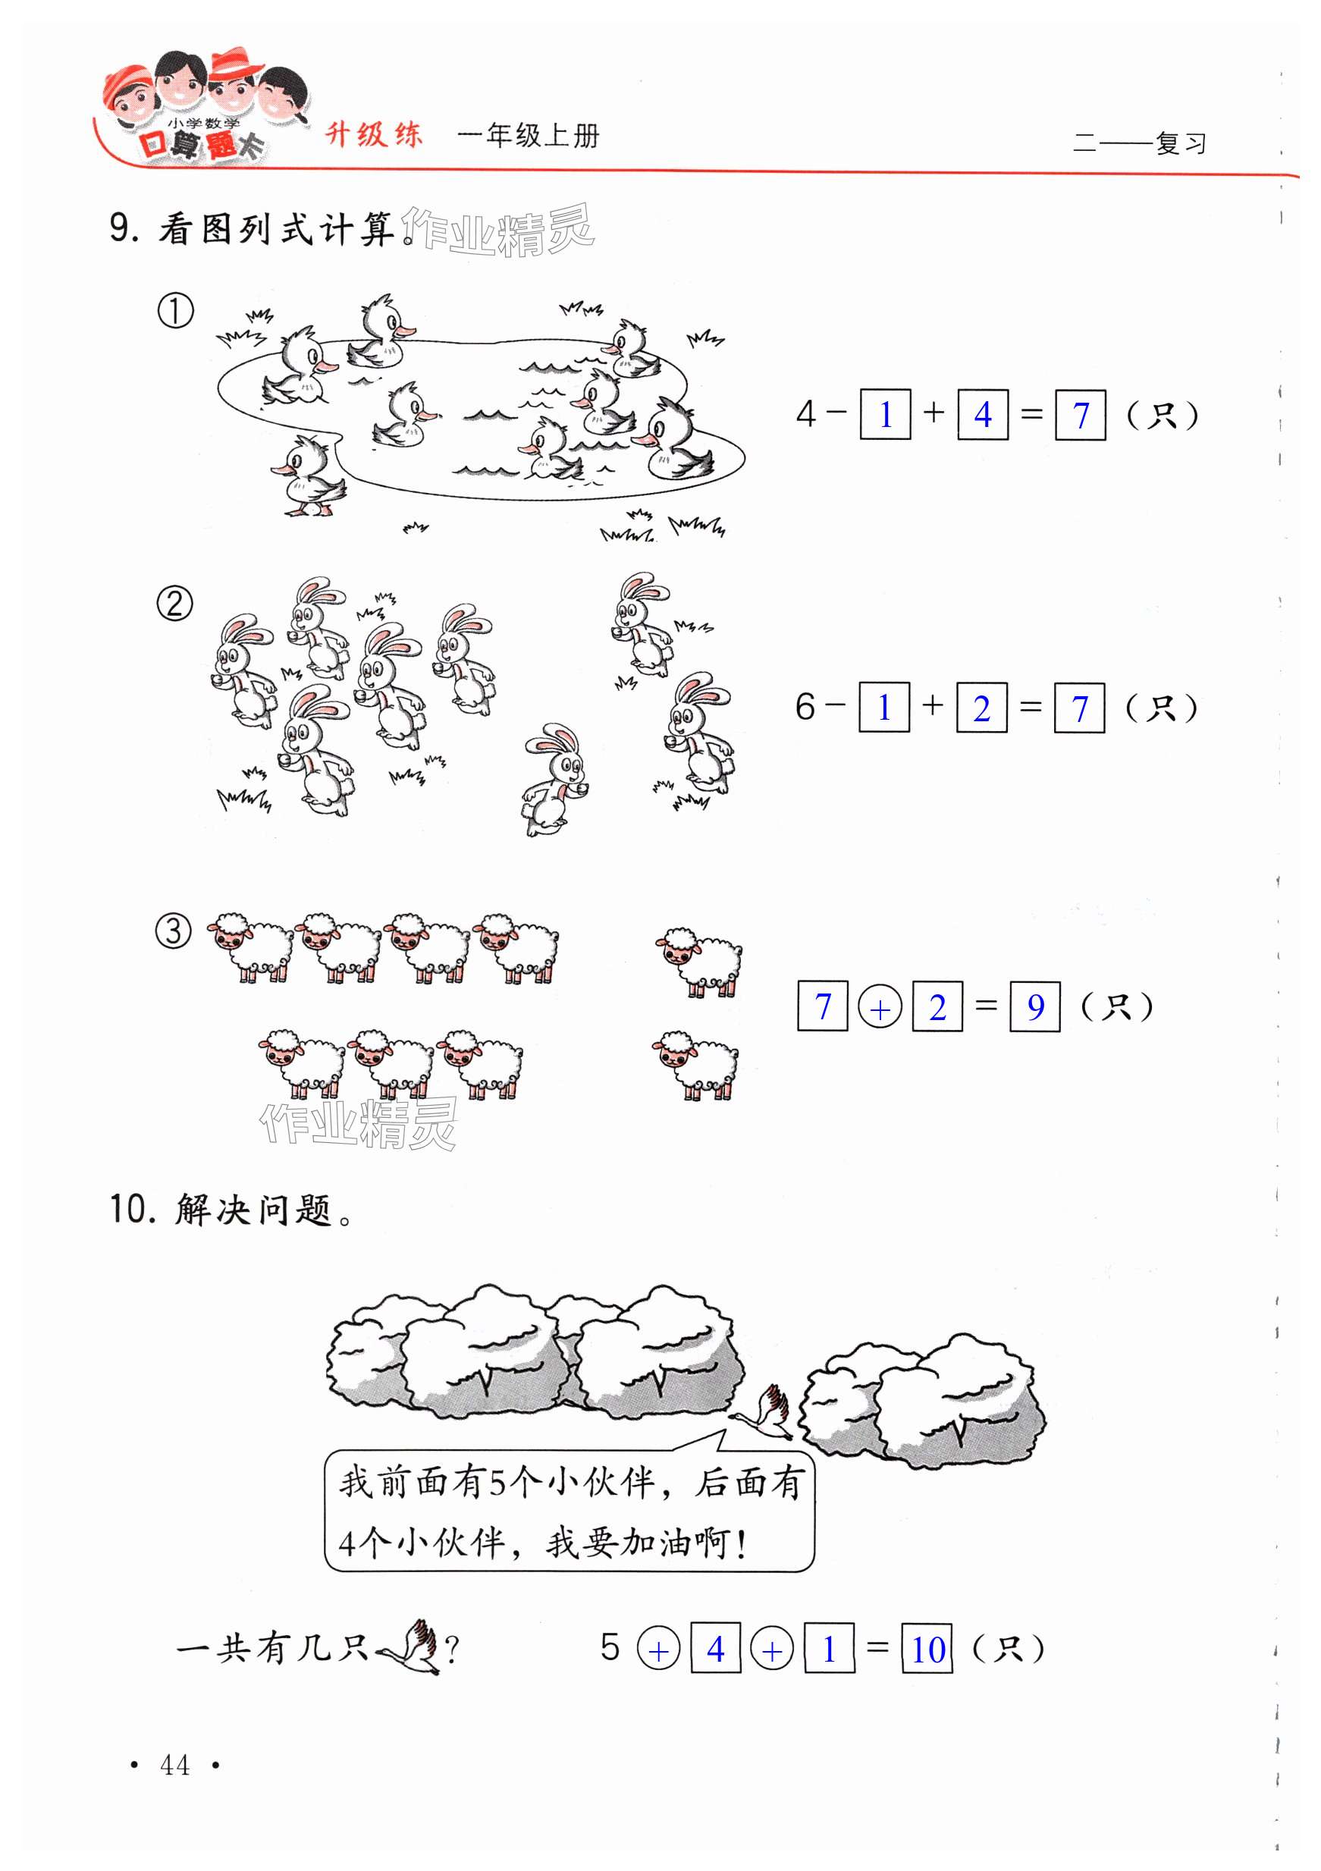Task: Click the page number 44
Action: [x=174, y=1764]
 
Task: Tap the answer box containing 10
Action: [x=927, y=1649]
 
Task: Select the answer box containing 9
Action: [x=1034, y=1007]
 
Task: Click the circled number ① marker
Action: [x=175, y=311]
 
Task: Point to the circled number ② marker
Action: [x=174, y=604]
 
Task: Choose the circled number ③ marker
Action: [x=174, y=931]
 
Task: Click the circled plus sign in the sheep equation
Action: [x=880, y=1008]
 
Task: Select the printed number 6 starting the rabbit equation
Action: [x=805, y=707]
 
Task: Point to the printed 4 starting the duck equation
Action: [x=805, y=414]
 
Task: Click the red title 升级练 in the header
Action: [x=374, y=134]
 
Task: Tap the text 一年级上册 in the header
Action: [x=528, y=135]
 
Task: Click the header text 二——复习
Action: [x=1138, y=143]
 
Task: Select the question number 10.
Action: [x=132, y=1210]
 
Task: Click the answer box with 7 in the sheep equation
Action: [x=822, y=1007]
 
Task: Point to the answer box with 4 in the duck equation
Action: [x=982, y=415]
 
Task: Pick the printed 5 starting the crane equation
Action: [x=610, y=1647]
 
